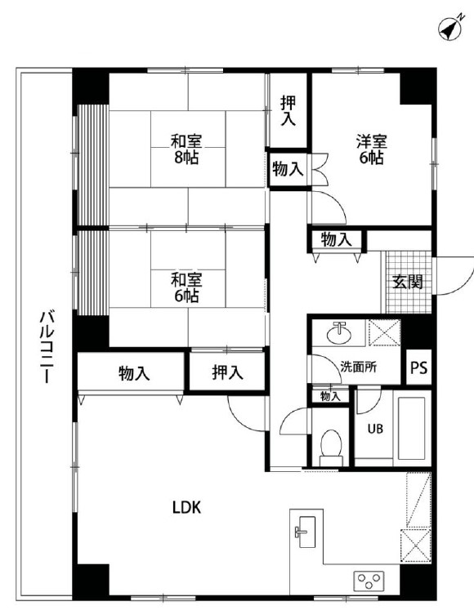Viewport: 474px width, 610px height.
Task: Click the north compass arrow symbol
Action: pos(450,28)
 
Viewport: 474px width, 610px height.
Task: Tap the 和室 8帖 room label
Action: pos(186,149)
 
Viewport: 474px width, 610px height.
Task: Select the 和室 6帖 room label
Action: pos(186,287)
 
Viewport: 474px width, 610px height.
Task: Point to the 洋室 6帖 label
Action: pos(372,149)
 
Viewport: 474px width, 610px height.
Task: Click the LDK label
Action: pos(187,507)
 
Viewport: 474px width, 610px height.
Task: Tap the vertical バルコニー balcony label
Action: pos(47,346)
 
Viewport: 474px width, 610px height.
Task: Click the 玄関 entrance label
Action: pos(408,282)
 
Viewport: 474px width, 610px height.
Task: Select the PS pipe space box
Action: pos(419,367)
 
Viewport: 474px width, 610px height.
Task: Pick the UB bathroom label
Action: pos(375,429)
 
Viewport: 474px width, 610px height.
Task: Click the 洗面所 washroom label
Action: pos(358,367)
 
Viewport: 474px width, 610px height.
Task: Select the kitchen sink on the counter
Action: pos(307,532)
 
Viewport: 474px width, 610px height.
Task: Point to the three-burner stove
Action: pos(369,581)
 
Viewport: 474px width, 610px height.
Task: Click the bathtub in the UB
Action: pos(411,428)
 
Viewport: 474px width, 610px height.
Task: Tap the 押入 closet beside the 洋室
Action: pos(288,110)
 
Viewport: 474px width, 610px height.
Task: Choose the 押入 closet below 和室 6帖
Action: pos(227,372)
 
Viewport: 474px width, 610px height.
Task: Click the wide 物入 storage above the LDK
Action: pos(131,373)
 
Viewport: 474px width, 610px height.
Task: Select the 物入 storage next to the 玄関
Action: pos(336,239)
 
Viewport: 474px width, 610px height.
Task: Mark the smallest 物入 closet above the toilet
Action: pos(330,396)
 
